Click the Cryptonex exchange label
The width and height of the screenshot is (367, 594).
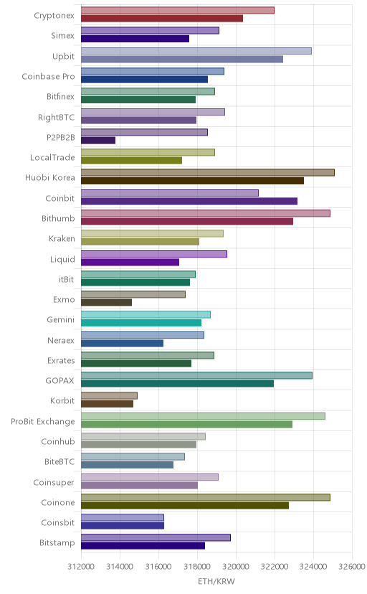[x=54, y=16]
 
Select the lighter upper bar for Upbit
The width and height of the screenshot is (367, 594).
[x=196, y=51]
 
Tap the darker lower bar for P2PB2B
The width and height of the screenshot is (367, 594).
[x=98, y=141]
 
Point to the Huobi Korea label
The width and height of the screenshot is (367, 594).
[x=50, y=178]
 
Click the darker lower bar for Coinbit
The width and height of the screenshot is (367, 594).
[x=189, y=201]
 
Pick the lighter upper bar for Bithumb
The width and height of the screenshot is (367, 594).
[x=206, y=213]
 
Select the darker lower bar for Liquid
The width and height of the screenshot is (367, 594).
[x=130, y=262]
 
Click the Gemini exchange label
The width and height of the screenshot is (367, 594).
[x=60, y=320]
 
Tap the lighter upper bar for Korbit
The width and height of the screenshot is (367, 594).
[x=109, y=396]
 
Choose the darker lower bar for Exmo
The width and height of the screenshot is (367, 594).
[x=106, y=303]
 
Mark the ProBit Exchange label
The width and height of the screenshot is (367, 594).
[x=43, y=422]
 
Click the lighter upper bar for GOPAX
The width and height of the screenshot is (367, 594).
[x=196, y=375]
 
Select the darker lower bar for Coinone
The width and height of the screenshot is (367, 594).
[x=185, y=506]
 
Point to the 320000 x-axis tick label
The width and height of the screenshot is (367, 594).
[x=236, y=566]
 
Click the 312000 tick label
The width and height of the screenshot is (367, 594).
[x=81, y=566]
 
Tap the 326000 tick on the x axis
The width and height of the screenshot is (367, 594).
[x=352, y=566]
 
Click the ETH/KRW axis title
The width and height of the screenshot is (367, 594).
[x=216, y=582]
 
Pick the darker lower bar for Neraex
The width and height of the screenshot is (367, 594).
[x=122, y=343]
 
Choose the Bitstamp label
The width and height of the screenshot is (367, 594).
[x=57, y=543]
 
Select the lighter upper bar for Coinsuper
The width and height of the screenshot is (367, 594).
[x=150, y=477]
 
